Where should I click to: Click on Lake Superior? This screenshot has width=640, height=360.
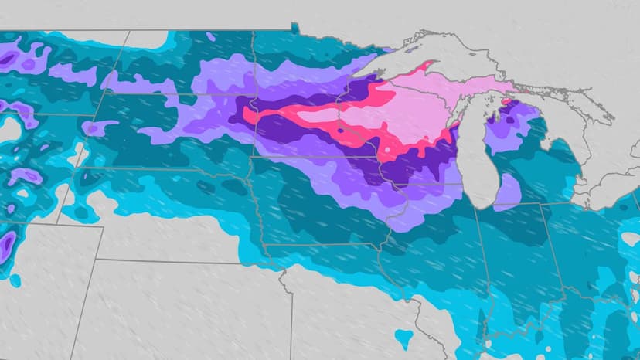[x=464, y=58]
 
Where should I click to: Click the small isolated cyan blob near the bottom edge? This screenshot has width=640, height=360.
[x=403, y=337]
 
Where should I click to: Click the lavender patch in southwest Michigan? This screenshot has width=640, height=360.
[x=508, y=188]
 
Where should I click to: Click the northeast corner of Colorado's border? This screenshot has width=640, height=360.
[x=104, y=227]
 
